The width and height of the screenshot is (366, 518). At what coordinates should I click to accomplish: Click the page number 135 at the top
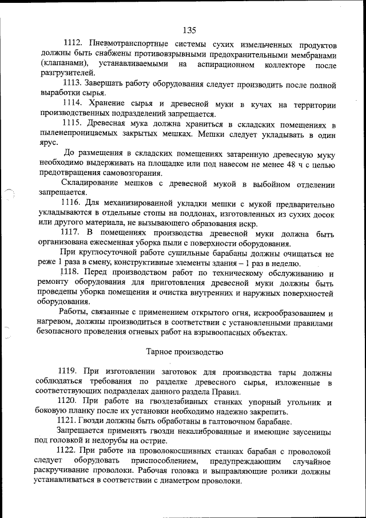190,30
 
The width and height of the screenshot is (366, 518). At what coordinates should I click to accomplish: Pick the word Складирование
87,184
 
